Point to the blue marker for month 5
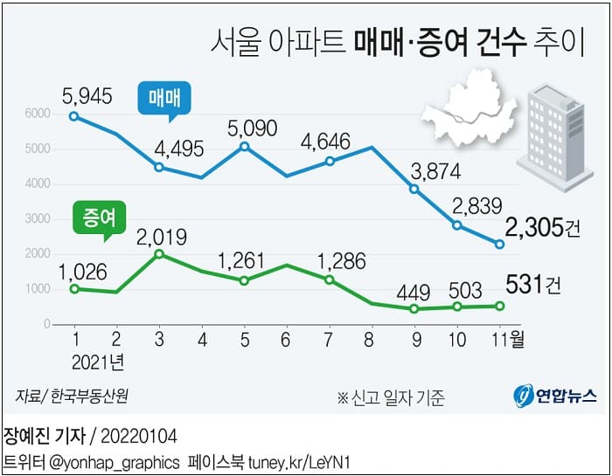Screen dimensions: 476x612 pyautogui.click(x=244, y=146)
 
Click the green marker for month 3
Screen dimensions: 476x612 pyautogui.click(x=158, y=254)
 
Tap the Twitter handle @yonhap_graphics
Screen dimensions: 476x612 pyautogui.click(x=115, y=460)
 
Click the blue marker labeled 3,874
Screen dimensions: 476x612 pyautogui.click(x=414, y=189)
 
